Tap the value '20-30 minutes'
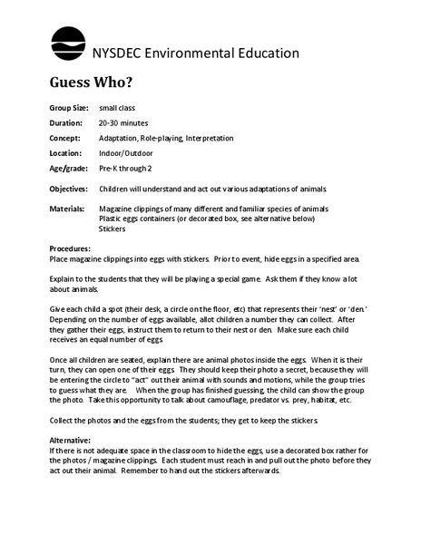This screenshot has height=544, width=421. [123, 122]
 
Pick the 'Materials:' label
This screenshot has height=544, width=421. [67, 209]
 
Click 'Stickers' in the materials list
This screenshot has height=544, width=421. [113, 228]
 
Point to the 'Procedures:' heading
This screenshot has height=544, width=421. [70, 248]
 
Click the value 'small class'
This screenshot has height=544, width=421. [118, 108]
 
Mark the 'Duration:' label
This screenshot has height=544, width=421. [65, 122]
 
